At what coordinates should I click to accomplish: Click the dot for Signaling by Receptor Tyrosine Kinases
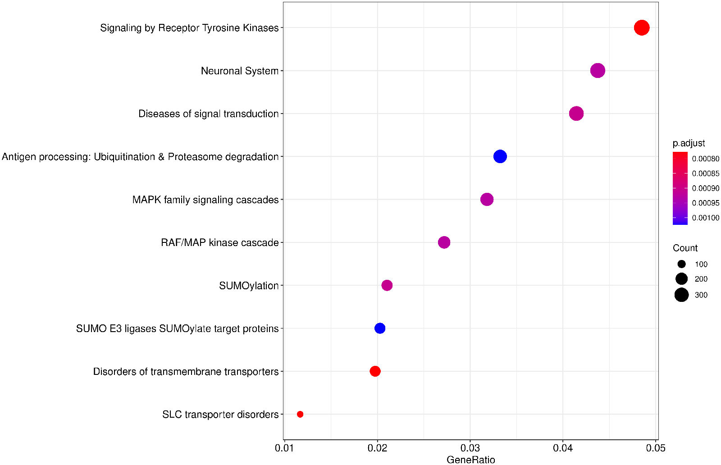coord(641,27)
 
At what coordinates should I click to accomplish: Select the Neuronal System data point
coord(598,71)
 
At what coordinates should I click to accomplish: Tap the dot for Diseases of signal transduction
coord(576,114)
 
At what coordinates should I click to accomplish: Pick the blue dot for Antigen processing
coord(500,156)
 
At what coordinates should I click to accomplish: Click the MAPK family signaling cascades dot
coord(487,199)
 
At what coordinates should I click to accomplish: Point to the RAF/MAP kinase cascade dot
coord(444,242)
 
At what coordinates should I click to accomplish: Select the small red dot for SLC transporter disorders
coord(300,414)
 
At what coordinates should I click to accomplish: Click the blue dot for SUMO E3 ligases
coord(380,328)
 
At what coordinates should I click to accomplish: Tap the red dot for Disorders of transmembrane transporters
coord(375,371)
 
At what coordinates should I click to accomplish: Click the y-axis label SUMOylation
coord(248,286)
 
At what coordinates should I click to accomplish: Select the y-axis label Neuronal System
coord(239,71)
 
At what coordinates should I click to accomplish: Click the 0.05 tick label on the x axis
coord(655,448)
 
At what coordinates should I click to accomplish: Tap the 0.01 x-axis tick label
coord(284,448)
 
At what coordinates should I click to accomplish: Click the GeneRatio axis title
coord(470,460)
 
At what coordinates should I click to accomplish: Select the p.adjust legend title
coord(689,143)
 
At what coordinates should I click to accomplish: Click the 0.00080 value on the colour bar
coord(706,159)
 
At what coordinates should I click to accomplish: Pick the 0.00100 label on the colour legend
coord(706,218)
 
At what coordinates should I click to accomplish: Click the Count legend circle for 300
coord(681,295)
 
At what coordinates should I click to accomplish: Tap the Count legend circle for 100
coord(681,264)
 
